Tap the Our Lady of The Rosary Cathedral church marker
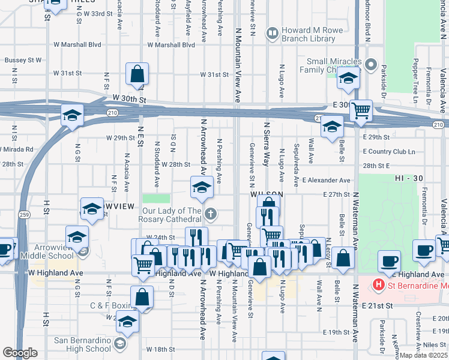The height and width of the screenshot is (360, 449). (x=211, y=214)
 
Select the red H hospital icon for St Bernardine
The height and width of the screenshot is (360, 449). (x=379, y=284)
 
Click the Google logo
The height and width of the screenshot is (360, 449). (x=20, y=353)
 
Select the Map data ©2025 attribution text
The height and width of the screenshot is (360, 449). (x=423, y=355)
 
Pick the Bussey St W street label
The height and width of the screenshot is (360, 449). (x=23, y=60)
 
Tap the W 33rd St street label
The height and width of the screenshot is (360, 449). (x=98, y=13)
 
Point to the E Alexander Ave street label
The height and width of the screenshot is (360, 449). (x=326, y=180)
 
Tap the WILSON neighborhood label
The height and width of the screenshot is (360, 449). (x=267, y=196)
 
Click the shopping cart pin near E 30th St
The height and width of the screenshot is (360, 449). (x=360, y=110)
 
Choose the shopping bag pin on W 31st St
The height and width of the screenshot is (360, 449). (x=137, y=75)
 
